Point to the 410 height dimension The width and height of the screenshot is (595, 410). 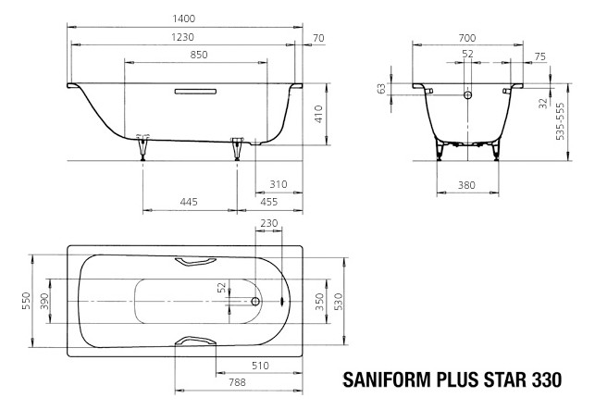point(317,115)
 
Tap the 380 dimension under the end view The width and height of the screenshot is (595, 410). point(467,185)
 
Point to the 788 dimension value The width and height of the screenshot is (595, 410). point(238,380)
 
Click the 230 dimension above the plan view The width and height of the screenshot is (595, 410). point(268,224)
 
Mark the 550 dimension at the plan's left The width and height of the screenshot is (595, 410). point(28,302)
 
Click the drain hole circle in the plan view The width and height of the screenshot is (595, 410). point(257,302)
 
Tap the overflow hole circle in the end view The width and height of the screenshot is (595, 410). point(467,94)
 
